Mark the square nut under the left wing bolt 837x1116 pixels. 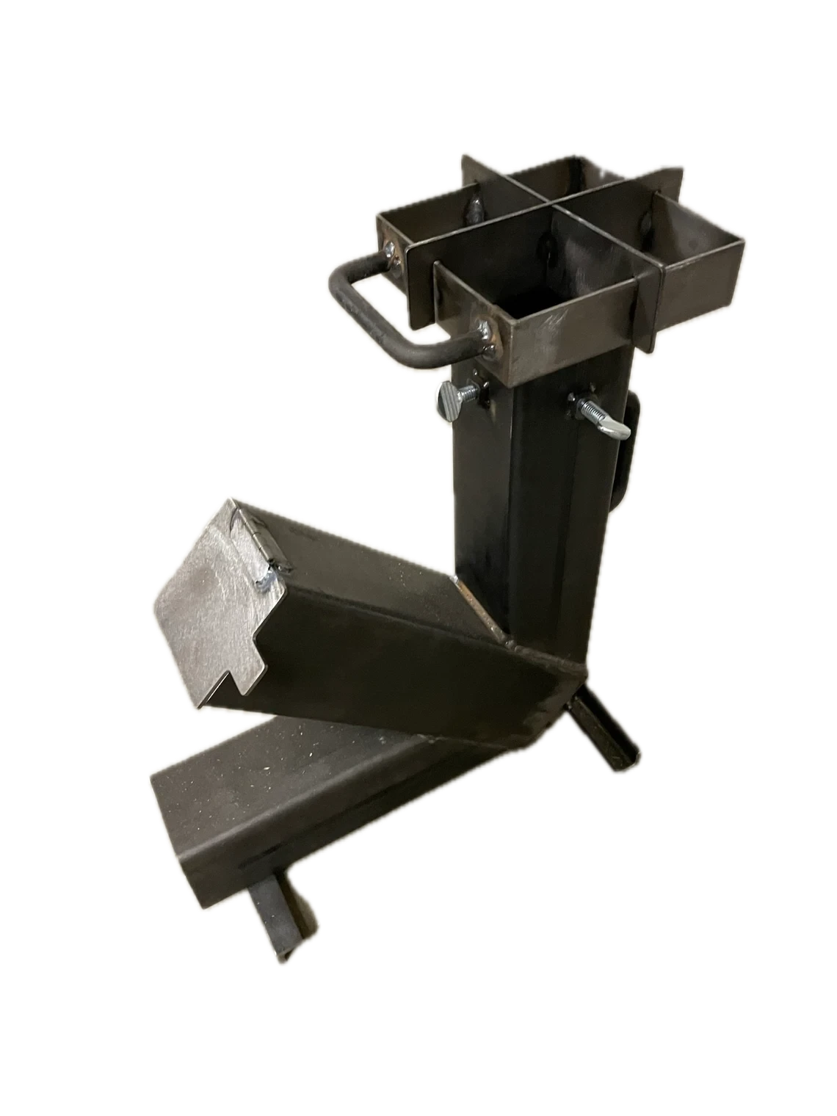click(x=481, y=397)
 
